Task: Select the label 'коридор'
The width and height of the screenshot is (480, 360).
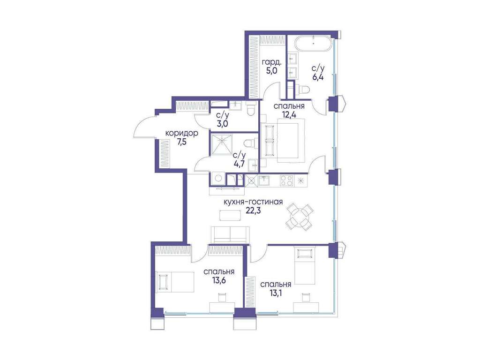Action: tap(181, 133)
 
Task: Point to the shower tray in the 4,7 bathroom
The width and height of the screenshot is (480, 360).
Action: tap(222, 144)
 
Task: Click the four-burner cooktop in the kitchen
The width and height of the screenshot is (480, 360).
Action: tap(286, 180)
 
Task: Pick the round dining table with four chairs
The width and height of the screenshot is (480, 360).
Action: tap(300, 216)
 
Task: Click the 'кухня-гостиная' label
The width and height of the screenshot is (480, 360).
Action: tap(253, 202)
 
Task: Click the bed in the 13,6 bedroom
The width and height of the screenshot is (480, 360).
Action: tap(176, 282)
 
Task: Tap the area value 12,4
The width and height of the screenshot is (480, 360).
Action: tap(289, 115)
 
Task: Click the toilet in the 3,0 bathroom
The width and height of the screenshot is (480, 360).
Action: tap(250, 109)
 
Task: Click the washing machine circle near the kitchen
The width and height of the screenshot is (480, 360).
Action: tap(218, 179)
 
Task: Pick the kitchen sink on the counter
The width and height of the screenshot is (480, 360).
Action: tap(265, 180)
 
